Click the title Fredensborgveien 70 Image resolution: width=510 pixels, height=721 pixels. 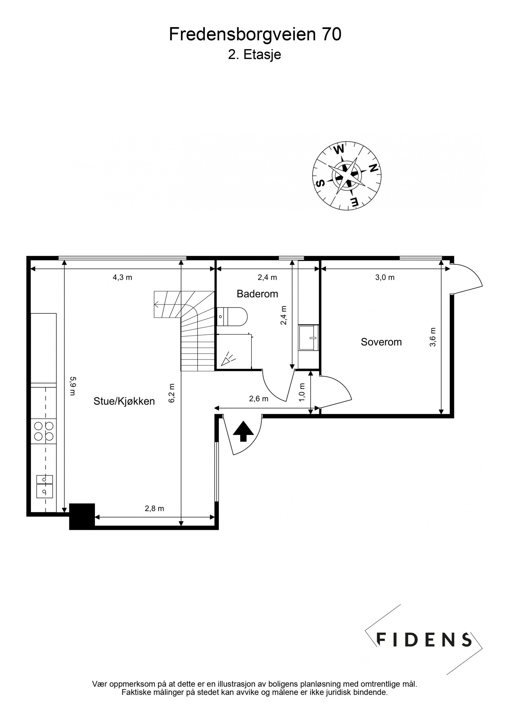(x=255, y=34)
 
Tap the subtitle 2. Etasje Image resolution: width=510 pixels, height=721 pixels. (x=254, y=55)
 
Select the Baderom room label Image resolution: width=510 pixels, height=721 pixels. (x=257, y=294)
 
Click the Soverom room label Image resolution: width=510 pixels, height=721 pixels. (x=381, y=342)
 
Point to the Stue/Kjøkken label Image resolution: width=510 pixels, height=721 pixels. (x=124, y=401)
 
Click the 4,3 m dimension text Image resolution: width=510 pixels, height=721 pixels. (x=122, y=277)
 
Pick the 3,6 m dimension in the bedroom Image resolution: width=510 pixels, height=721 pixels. (x=433, y=337)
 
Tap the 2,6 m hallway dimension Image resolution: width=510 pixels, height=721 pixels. (x=259, y=399)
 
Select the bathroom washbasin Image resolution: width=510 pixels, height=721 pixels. (x=308, y=338)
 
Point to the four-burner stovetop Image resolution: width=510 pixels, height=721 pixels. (x=44, y=431)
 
